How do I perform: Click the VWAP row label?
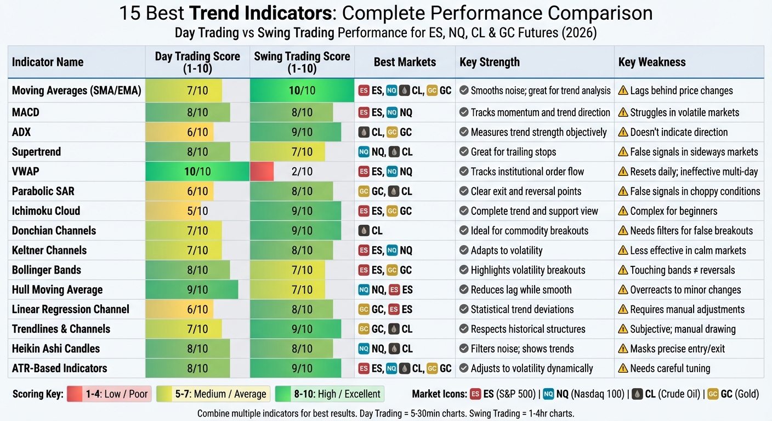click(x=26, y=172)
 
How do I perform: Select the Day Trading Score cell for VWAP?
click(x=197, y=172)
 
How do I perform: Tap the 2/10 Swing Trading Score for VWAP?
click(x=302, y=172)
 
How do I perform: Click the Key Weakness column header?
click(x=652, y=62)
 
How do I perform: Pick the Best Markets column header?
click(x=405, y=62)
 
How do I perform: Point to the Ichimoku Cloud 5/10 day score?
click(x=197, y=211)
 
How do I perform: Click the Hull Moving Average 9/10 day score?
click(x=197, y=290)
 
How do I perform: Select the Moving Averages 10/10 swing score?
click(x=302, y=90)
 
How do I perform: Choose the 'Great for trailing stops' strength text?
click(x=513, y=152)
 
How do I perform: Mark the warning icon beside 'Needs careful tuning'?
click(x=623, y=368)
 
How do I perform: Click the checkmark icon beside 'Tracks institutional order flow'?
click(x=464, y=172)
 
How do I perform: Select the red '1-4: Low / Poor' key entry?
click(x=108, y=394)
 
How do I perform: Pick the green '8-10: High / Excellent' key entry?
click(x=330, y=394)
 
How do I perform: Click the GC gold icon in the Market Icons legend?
click(x=713, y=394)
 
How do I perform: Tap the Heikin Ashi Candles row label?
click(x=56, y=349)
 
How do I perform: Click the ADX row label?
click(x=21, y=132)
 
